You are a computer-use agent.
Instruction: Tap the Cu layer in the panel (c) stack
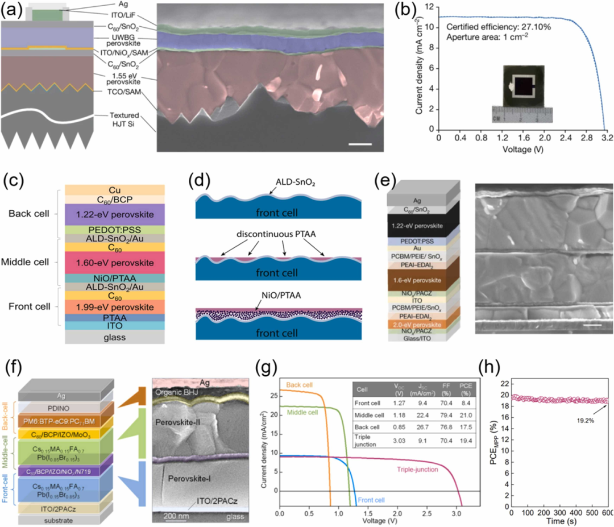coord(115,190)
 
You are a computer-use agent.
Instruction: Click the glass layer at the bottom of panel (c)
coord(115,337)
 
